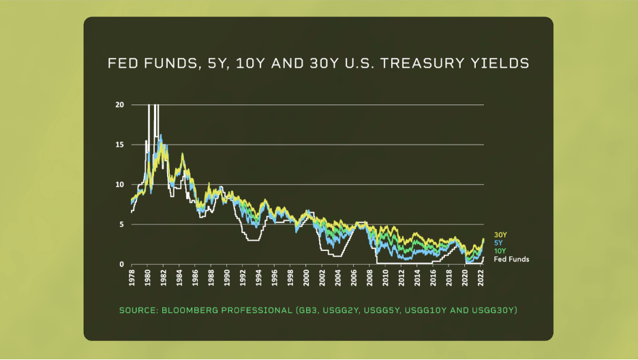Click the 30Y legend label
500,235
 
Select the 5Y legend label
498,243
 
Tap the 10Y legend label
500,251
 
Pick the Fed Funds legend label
511,259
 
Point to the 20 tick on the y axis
120,105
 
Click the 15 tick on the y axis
120,145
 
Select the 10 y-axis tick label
120,185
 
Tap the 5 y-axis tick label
121,224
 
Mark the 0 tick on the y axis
121,265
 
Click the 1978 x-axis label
132,277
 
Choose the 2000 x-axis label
306,277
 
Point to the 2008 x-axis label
370,277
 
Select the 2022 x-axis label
481,277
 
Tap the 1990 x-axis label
227,277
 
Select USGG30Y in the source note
494,310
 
